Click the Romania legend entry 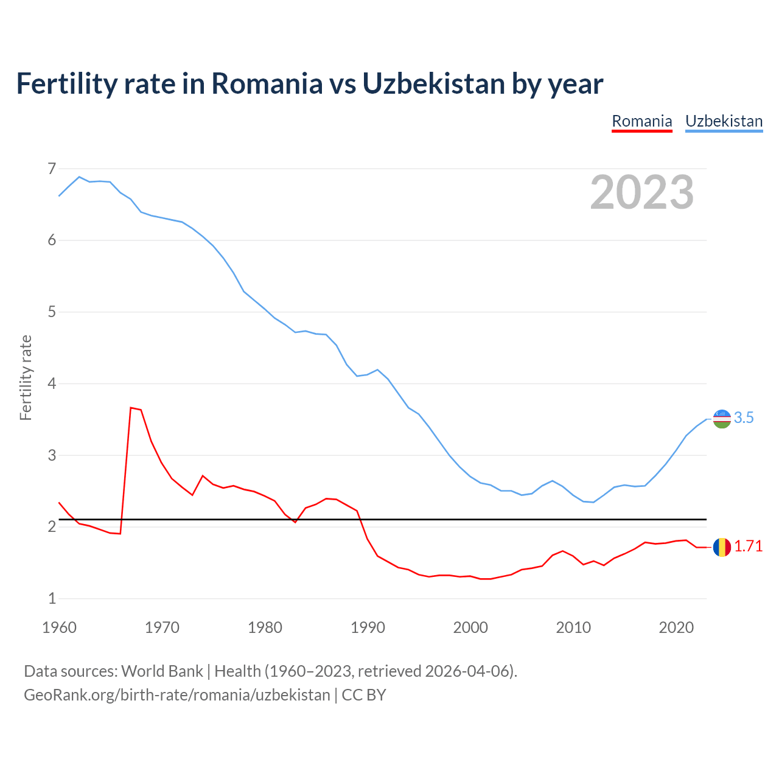pyautogui.click(x=641, y=121)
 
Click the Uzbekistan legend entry pyautogui.click(x=724, y=121)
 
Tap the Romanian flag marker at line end pyautogui.click(x=722, y=547)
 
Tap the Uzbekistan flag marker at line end pyautogui.click(x=722, y=418)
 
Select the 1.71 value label pyautogui.click(x=748, y=547)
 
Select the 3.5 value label pyautogui.click(x=744, y=417)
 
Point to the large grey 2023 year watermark pyautogui.click(x=641, y=192)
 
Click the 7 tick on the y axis pyautogui.click(x=52, y=169)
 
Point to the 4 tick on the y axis pyautogui.click(x=52, y=383)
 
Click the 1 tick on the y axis pyautogui.click(x=52, y=598)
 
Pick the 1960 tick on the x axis pyautogui.click(x=59, y=627)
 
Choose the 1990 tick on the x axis pyautogui.click(x=368, y=627)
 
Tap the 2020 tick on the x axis pyautogui.click(x=676, y=627)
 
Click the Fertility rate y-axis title pyautogui.click(x=26, y=377)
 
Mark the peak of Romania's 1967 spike pyautogui.click(x=131, y=408)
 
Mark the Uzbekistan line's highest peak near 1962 pyautogui.click(x=79, y=177)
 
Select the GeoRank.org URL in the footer pyautogui.click(x=176, y=694)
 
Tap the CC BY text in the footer pyautogui.click(x=364, y=694)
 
